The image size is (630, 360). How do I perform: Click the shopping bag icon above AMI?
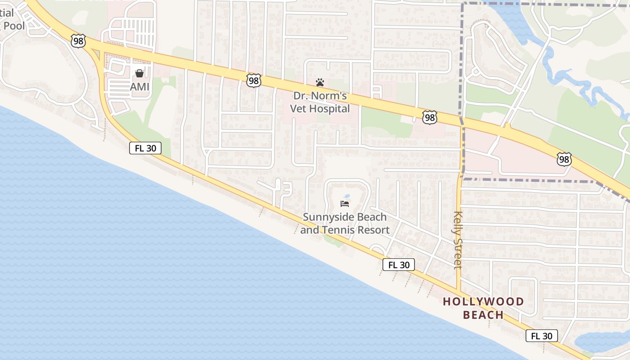coord(139,73)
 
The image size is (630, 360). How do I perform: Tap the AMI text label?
coord(139,86)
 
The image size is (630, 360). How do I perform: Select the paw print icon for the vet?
coord(320,82)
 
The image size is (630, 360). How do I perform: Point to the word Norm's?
coord(332,96)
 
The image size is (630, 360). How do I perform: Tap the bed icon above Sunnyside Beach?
coord(345,204)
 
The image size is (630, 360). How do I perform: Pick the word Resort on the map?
coord(372,230)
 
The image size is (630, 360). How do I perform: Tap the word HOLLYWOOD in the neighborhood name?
coord(483,301)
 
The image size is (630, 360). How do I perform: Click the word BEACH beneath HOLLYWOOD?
coord(483,315)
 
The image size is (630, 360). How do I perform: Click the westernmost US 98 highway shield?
coord(78,41)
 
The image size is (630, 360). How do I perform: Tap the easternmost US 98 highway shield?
coord(564,159)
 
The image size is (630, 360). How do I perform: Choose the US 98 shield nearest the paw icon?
coord(254,80)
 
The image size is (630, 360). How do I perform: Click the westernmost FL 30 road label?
coord(145,148)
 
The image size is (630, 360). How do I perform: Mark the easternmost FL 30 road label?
coord(541,336)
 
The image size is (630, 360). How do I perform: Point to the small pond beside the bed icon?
coord(347,196)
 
